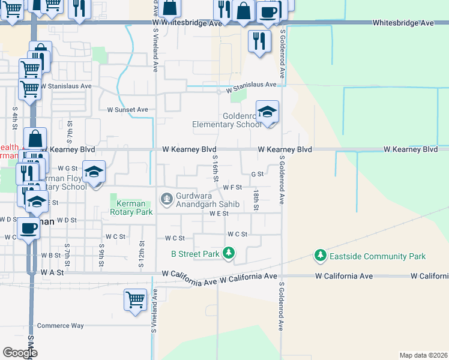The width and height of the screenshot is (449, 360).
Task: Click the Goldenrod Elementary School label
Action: [x=227, y=120]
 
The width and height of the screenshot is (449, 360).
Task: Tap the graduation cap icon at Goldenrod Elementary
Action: [x=268, y=112]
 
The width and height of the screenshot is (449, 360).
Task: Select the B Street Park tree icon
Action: [x=228, y=254]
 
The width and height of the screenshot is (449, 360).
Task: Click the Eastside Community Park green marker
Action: [x=321, y=256]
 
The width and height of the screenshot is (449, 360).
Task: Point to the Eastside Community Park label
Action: [x=378, y=257]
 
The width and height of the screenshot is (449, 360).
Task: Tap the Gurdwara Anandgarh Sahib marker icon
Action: [x=166, y=197]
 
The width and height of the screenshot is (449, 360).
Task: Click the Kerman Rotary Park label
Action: [x=131, y=208]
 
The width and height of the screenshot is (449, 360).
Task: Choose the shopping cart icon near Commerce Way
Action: [x=135, y=299]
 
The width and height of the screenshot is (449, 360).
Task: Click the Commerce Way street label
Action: [x=61, y=326]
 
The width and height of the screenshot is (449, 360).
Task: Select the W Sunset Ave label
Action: [x=127, y=110]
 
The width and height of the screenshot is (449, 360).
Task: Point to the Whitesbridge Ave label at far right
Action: [x=403, y=23]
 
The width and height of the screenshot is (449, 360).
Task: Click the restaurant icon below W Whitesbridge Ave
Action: [x=259, y=40]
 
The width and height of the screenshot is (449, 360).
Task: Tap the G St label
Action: [x=258, y=174]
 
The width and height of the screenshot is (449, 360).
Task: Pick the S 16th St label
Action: [x=215, y=166]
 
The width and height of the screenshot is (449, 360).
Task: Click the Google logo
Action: [x=20, y=352]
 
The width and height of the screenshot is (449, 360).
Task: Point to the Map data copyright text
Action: [x=423, y=355]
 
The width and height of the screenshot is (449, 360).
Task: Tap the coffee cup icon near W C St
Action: [x=28, y=228]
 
